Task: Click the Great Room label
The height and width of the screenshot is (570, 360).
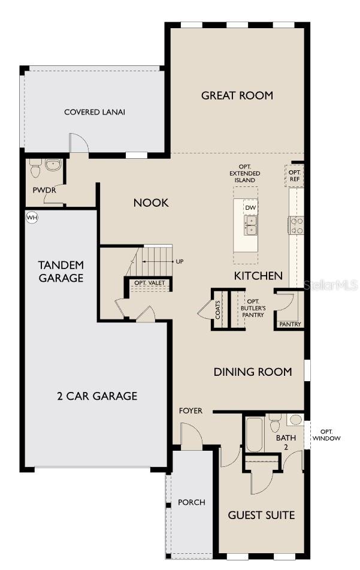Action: click(x=237, y=95)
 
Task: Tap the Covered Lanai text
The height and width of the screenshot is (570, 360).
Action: click(x=95, y=112)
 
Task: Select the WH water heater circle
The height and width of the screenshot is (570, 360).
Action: click(x=31, y=218)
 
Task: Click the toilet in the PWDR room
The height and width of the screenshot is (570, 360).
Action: click(x=35, y=169)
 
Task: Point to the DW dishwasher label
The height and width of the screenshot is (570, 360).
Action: click(x=250, y=208)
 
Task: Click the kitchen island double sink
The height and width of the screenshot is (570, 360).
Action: click(x=250, y=225)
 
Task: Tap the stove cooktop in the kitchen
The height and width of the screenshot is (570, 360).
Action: click(x=297, y=225)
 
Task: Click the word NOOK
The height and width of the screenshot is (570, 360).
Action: click(x=151, y=203)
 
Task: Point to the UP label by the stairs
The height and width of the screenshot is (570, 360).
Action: click(x=180, y=262)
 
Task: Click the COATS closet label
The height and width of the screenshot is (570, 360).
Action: click(x=218, y=310)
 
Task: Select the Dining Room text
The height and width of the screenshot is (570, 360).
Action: click(x=253, y=372)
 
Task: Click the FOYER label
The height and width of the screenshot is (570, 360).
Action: click(x=191, y=411)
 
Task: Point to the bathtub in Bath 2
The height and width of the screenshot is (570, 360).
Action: click(x=253, y=435)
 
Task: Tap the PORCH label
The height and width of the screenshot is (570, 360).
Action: click(x=191, y=502)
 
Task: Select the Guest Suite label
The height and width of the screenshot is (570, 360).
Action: click(x=261, y=515)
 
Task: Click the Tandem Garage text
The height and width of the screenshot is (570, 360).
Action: click(x=60, y=271)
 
